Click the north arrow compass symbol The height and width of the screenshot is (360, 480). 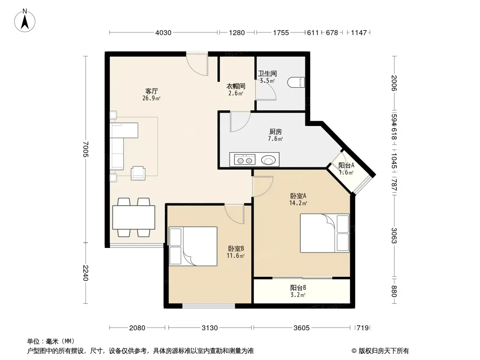coord(25,21)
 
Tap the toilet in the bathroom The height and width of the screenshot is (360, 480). coord(296,82)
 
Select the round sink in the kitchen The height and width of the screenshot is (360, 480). coord(268,160)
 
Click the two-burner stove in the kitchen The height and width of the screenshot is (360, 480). coord(245,160)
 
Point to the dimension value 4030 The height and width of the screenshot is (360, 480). coord(163,33)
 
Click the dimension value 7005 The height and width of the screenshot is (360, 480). coord(86,149)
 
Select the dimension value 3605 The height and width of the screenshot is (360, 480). coord(302,328)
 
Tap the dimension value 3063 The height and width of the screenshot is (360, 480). coord(394,235)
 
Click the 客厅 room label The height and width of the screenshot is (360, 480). coord(152,91)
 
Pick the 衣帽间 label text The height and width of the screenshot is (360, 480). coord(235,86)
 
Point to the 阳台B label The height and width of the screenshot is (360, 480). coord(298,288)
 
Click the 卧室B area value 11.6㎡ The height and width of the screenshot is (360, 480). coord(235,256)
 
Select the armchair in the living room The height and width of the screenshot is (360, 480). coord(138,173)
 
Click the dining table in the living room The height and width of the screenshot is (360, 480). coord(133,217)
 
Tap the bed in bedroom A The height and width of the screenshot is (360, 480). coord(325,233)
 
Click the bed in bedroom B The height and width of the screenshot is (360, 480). coord(193,246)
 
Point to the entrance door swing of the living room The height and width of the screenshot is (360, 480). coord(197,65)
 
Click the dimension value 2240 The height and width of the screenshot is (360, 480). coord(86,273)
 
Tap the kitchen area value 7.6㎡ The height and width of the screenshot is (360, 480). coord(276,139)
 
